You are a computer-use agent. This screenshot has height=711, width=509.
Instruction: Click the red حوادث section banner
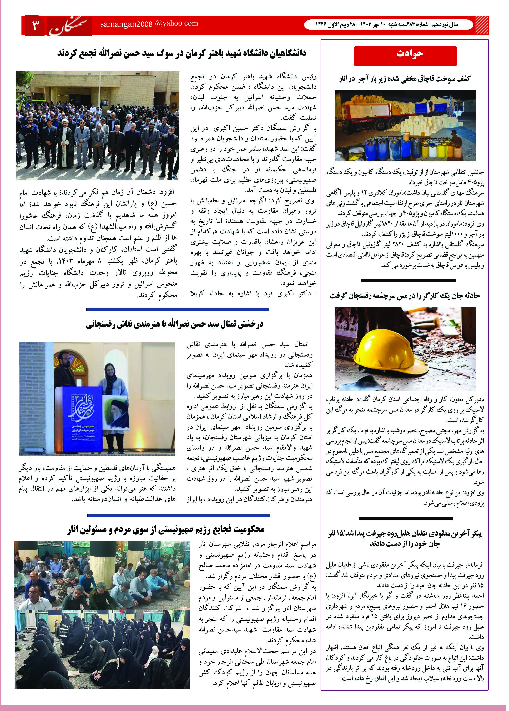point(405,56)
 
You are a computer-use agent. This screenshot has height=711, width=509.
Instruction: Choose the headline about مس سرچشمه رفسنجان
point(405,296)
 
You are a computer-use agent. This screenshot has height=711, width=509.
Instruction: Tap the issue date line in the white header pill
point(386,24)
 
